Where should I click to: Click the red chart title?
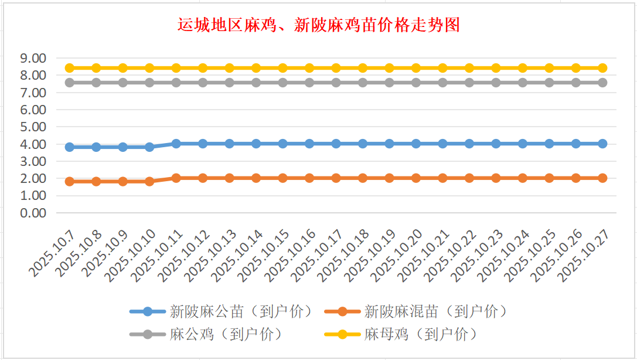tap(318, 25)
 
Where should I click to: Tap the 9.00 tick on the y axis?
tap(33, 58)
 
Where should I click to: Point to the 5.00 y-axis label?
tap(33, 127)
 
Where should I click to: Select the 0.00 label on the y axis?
tap(33, 213)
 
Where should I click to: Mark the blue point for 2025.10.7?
tap(69, 147)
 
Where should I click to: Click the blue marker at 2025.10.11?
tap(176, 144)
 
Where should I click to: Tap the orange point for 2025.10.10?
tap(149, 182)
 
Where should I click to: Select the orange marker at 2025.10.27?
tap(602, 178)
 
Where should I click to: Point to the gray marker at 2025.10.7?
tap(69, 83)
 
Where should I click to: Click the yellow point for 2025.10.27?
tap(602, 68)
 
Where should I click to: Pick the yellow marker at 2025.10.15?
tap(282, 68)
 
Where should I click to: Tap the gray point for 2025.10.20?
tap(416, 83)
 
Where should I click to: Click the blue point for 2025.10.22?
tap(469, 144)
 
